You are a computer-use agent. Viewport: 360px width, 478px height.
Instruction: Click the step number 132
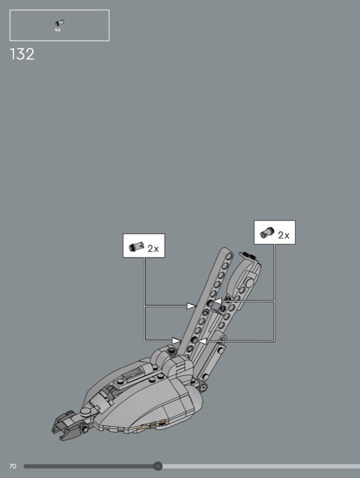click(22, 54)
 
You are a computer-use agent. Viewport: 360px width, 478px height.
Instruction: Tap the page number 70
click(12, 466)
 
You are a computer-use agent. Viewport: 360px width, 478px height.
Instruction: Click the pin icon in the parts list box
click(59, 23)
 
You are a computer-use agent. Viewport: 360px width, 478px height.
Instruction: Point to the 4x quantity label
click(57, 29)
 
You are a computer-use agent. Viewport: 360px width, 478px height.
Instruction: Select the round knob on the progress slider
click(158, 466)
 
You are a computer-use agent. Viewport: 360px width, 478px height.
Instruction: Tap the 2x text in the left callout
click(153, 249)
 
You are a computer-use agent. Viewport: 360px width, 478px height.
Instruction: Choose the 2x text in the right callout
click(283, 235)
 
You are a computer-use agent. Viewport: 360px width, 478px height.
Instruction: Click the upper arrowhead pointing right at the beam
click(192, 307)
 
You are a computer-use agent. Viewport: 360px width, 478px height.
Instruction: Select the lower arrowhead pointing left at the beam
click(202, 341)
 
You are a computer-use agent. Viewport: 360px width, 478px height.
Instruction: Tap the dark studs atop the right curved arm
click(249, 256)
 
